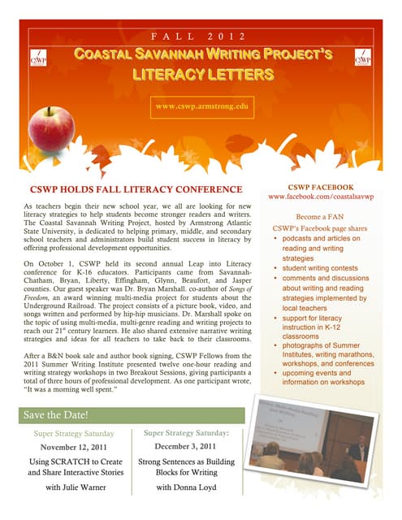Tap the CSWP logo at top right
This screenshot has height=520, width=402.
[x=362, y=59]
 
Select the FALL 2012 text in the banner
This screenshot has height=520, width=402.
[x=201, y=37]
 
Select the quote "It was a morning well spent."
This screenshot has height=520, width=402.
[x=71, y=390]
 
